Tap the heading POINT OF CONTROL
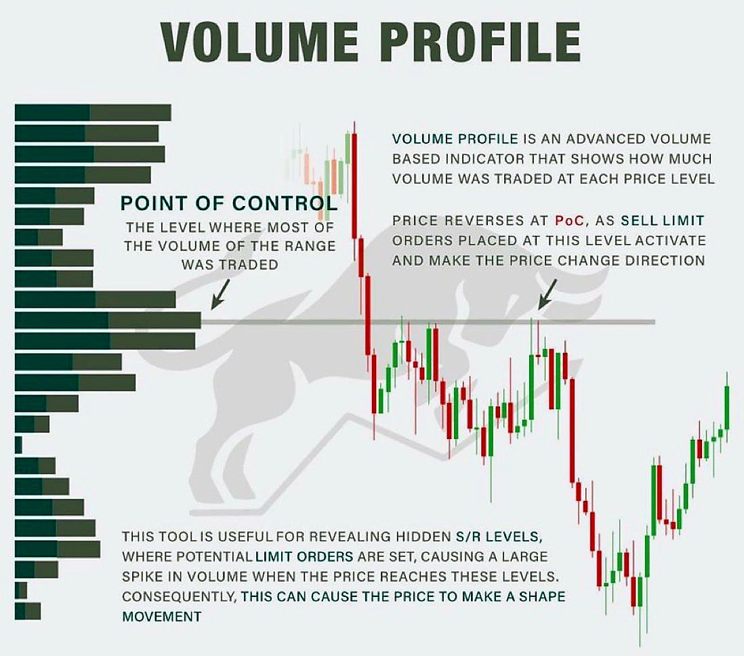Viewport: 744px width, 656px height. pyautogui.click(x=228, y=203)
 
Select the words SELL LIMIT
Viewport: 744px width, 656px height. pyautogui.click(x=663, y=221)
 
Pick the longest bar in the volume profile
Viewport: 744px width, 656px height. pyautogui.click(x=108, y=320)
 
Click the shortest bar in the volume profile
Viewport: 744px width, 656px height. pyautogui.click(x=18, y=445)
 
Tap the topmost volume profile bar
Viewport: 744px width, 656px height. pyautogui.click(x=93, y=112)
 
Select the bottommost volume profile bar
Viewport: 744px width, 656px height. pyautogui.click(x=28, y=611)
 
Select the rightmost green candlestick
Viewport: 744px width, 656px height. pyautogui.click(x=726, y=407)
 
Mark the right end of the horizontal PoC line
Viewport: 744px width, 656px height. pyautogui.click(x=654, y=321)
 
